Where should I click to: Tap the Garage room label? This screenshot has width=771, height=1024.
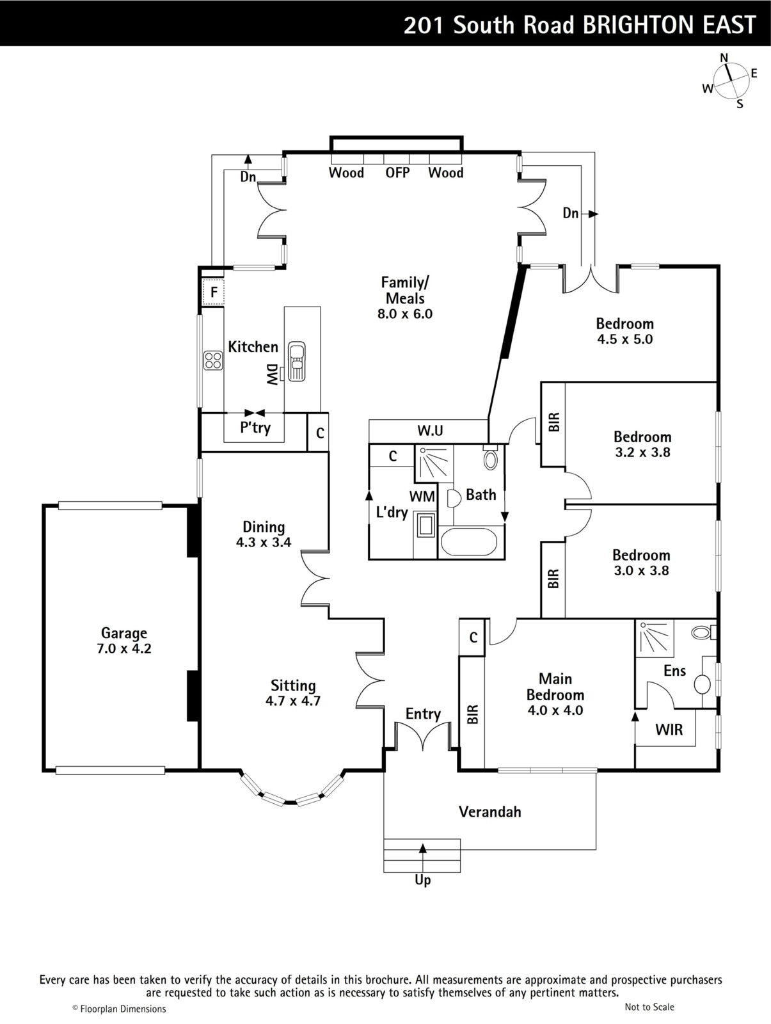tap(124, 633)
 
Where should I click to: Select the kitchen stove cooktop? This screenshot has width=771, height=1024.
tap(213, 360)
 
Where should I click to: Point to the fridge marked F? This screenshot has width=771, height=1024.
tap(214, 292)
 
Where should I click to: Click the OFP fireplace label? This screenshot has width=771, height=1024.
tap(397, 173)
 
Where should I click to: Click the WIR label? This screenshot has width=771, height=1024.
tap(669, 730)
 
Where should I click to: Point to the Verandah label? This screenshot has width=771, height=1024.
tap(489, 812)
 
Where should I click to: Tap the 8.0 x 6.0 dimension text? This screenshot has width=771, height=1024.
tap(405, 314)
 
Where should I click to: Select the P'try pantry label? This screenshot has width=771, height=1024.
tap(255, 427)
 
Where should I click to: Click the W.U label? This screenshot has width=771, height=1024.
tap(430, 430)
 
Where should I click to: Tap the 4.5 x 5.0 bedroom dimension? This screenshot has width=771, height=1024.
tap(625, 339)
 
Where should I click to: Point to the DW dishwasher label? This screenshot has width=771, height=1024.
tap(272, 375)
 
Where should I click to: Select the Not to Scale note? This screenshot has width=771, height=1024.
tap(649, 1007)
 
